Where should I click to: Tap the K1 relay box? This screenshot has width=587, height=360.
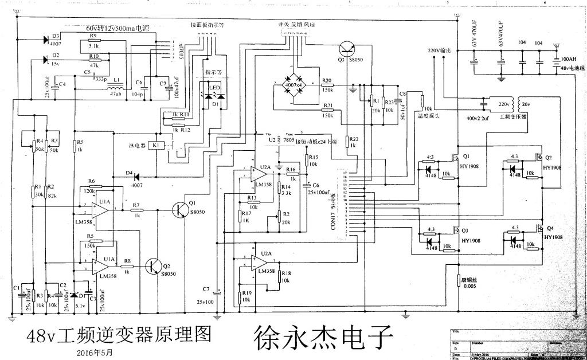(156, 146)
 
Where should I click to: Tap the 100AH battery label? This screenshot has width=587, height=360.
(569, 59)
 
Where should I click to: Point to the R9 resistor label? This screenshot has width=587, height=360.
(93, 36)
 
